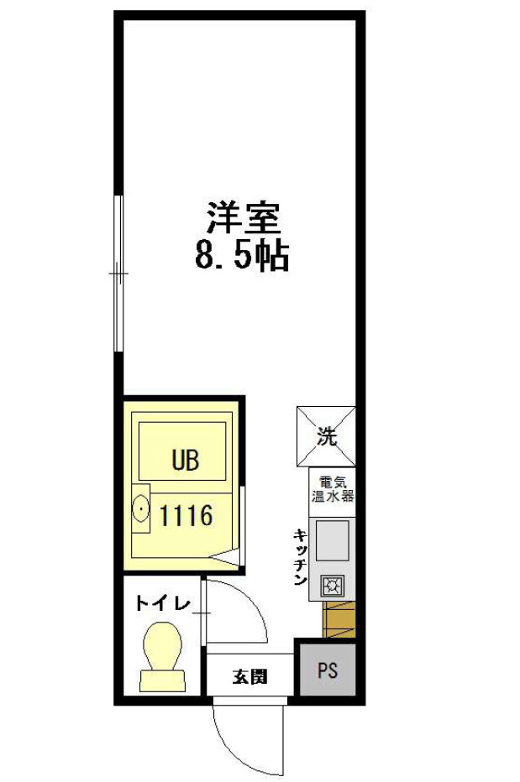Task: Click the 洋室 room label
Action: [244, 218]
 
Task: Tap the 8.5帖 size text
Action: [242, 256]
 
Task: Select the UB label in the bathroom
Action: [186, 460]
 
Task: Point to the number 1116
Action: [186, 516]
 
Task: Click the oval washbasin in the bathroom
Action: [141, 508]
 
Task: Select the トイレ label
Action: [163, 604]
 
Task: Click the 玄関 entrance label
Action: [249, 676]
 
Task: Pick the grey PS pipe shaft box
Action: [328, 670]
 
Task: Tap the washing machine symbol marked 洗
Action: [327, 437]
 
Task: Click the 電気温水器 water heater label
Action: [333, 489]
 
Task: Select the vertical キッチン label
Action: [300, 556]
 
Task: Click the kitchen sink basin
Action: [332, 540]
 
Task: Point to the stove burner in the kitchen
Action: [332, 586]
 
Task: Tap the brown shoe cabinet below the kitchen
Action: [339, 619]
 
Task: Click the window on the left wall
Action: [118, 274]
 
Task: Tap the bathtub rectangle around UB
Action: [182, 451]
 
